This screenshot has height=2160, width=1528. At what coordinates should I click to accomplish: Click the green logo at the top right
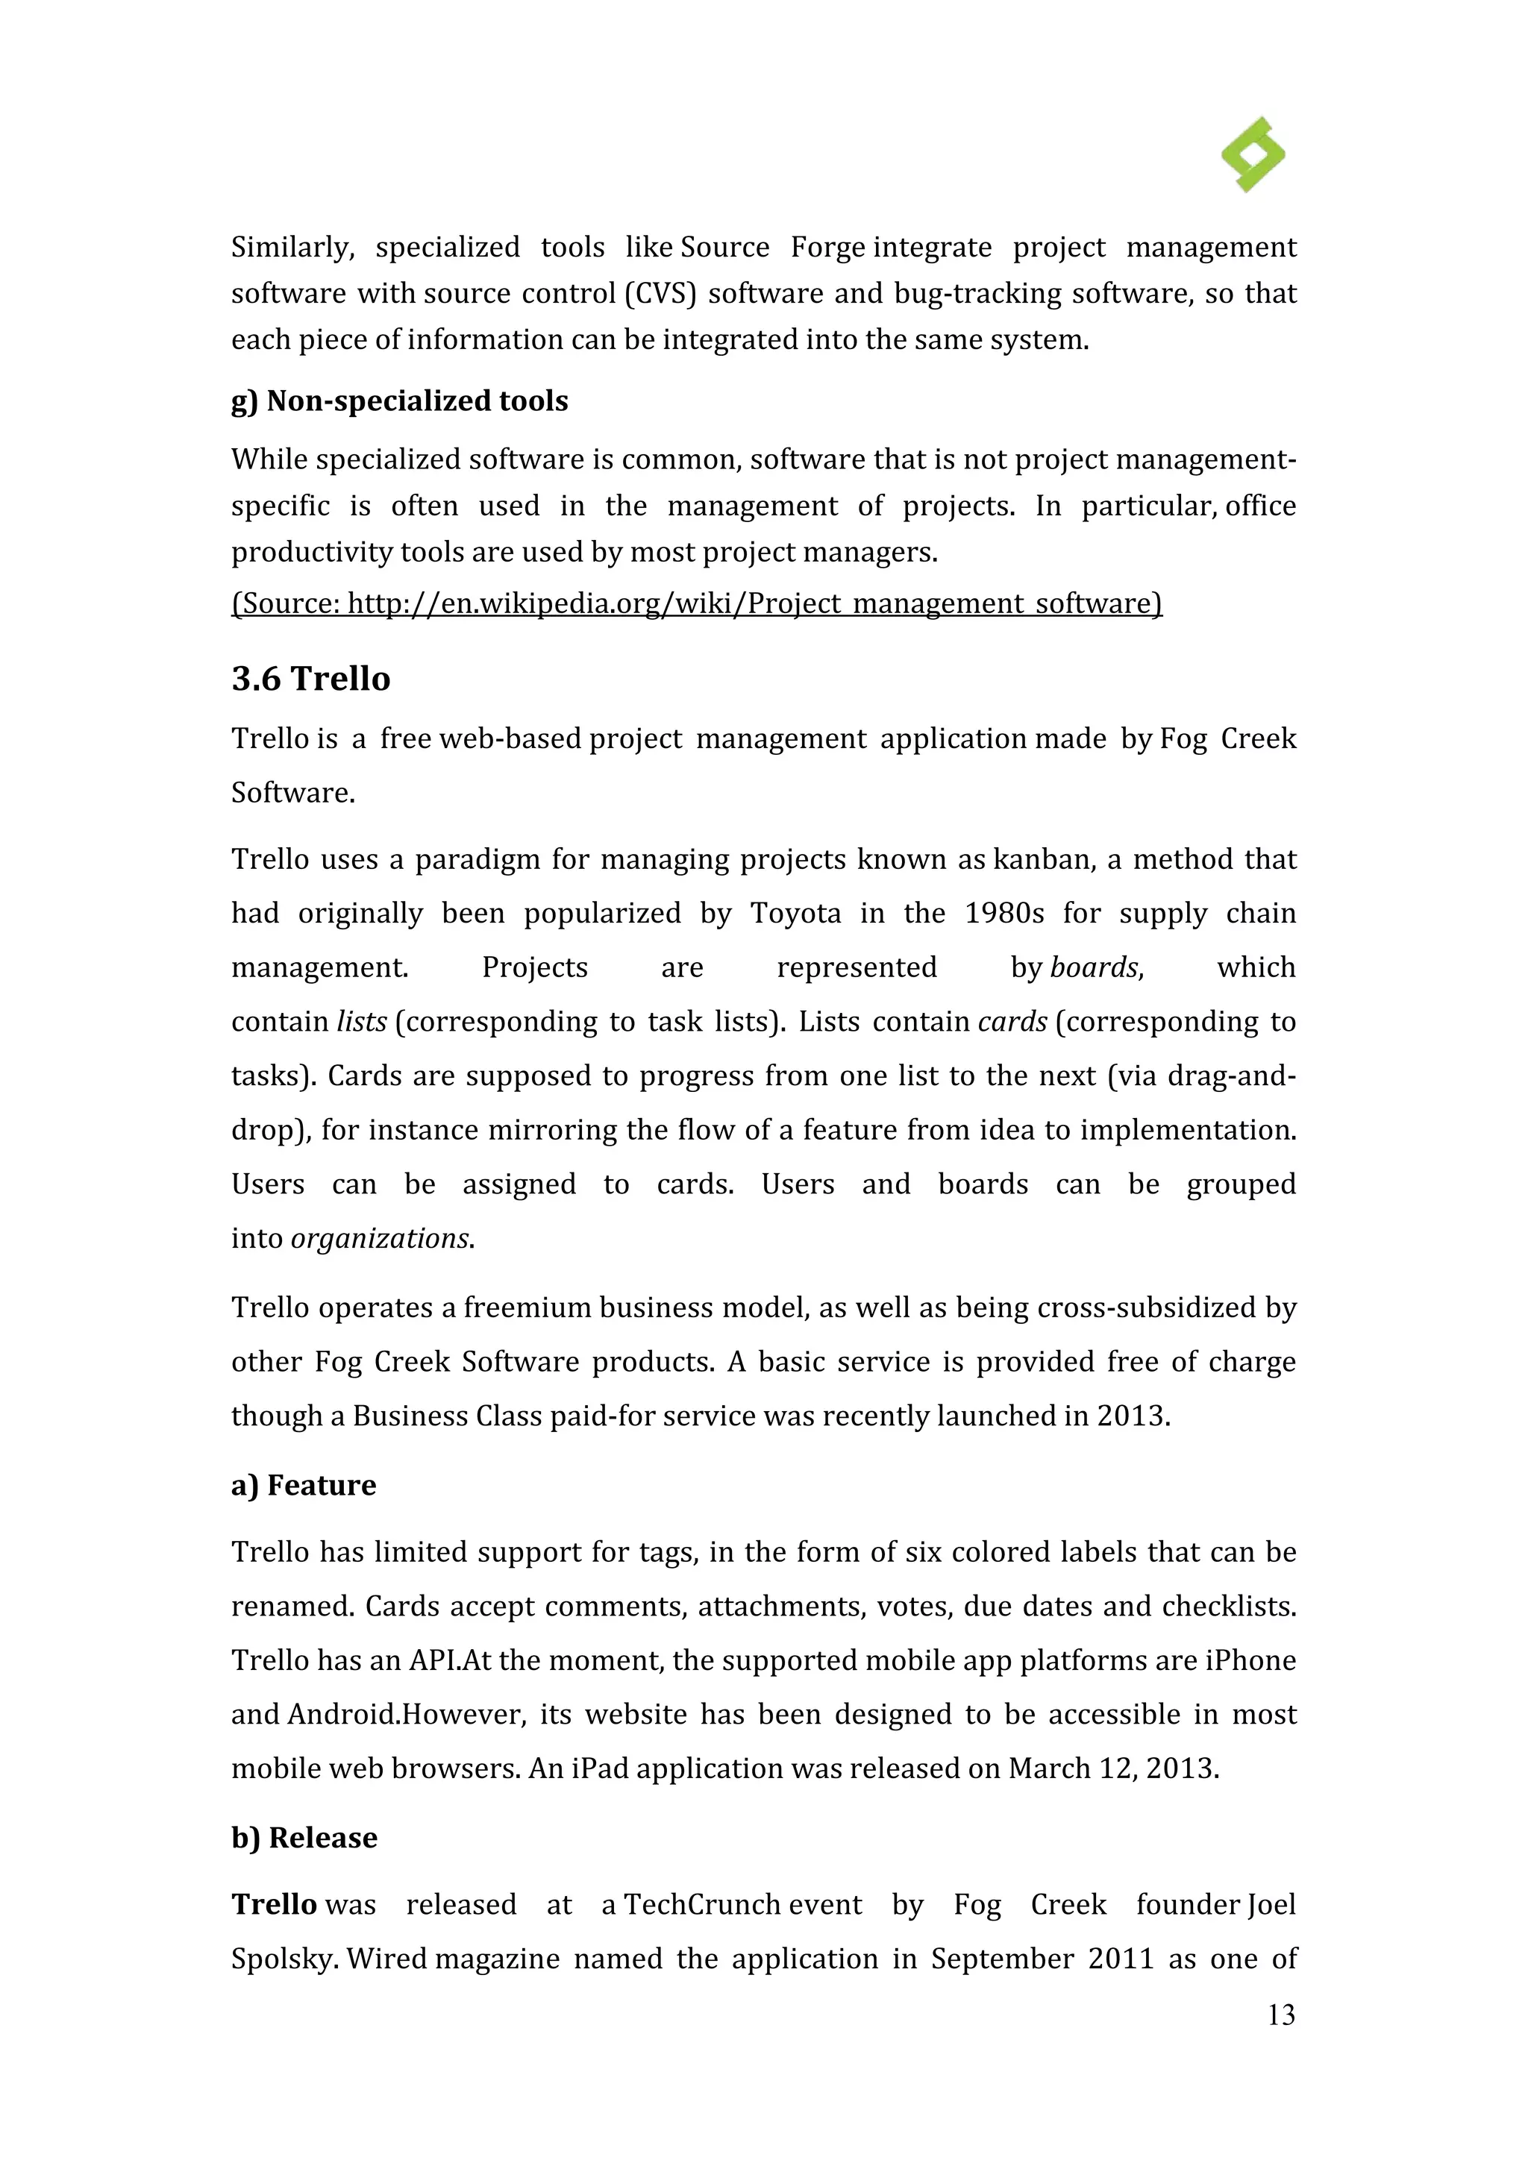click(1253, 155)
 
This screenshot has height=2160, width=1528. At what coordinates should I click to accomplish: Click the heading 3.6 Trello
click(310, 678)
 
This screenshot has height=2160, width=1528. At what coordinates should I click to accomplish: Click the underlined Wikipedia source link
click(696, 603)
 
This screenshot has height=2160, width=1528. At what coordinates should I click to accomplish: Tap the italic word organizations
click(379, 1238)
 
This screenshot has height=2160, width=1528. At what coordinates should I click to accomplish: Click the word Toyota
click(795, 914)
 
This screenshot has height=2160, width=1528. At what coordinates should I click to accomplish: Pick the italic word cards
click(1012, 1022)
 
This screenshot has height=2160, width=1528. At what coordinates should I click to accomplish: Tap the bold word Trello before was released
click(274, 1905)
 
